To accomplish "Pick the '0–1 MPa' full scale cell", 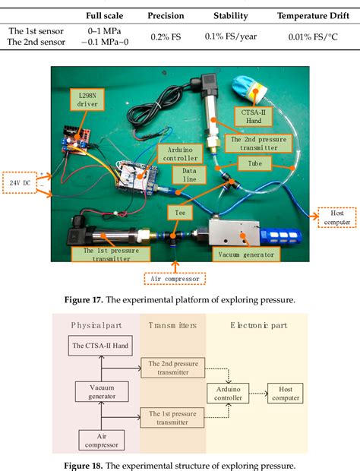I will click(101, 30).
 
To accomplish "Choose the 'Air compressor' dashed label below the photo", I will click(175, 278).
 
